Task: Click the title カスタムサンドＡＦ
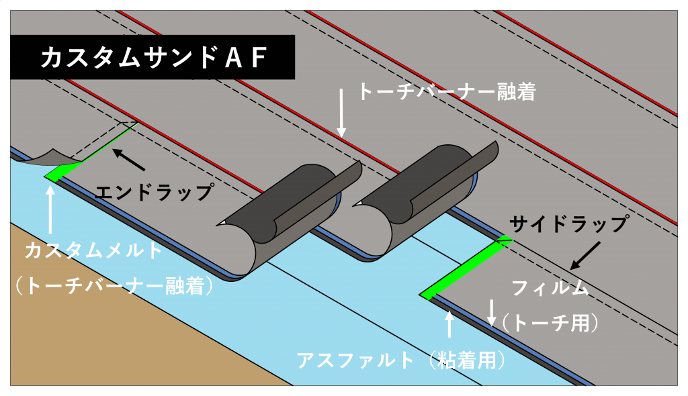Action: click(155, 58)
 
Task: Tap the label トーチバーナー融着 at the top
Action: click(447, 92)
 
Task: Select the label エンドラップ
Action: click(155, 193)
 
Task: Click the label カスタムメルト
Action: click(94, 250)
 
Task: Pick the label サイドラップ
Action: click(568, 224)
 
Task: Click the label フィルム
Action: click(550, 288)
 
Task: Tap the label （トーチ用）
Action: click(550, 324)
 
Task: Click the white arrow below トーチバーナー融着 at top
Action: click(341, 113)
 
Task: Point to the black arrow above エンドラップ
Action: click(128, 160)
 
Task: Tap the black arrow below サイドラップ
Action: click(585, 256)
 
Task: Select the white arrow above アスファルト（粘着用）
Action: click(449, 324)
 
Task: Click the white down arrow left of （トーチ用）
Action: click(492, 313)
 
